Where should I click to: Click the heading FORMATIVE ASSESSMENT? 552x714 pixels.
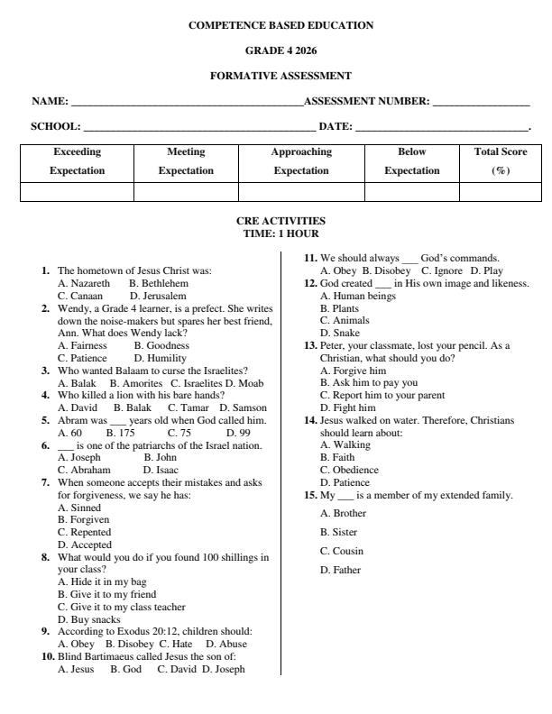click(x=281, y=76)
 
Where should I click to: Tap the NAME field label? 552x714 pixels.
click(x=51, y=102)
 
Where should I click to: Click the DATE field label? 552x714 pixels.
click(x=335, y=127)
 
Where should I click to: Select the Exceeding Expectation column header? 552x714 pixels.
click(x=78, y=160)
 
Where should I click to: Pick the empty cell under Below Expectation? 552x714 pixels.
click(x=412, y=191)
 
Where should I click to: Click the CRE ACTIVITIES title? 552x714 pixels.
click(x=281, y=220)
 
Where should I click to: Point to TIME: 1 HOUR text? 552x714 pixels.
click(x=281, y=233)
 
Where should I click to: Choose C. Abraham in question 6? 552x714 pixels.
click(x=84, y=470)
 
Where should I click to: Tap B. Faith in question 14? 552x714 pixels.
click(x=337, y=457)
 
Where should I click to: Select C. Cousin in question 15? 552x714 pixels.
click(x=342, y=551)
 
